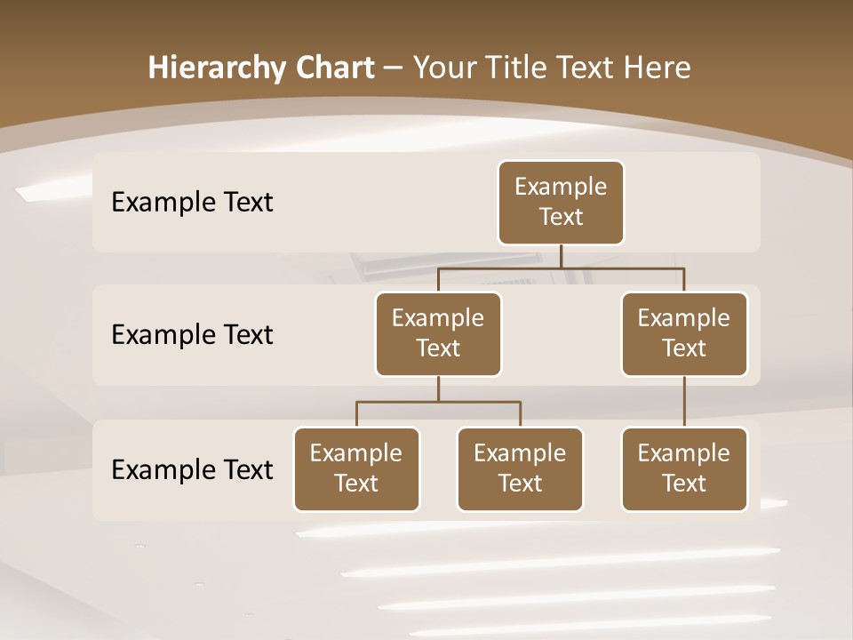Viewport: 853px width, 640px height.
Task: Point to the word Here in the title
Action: click(658, 68)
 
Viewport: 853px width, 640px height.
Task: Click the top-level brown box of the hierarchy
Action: click(561, 203)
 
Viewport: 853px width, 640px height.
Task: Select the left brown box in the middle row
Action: click(438, 334)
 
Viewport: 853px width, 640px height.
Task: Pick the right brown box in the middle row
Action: click(684, 334)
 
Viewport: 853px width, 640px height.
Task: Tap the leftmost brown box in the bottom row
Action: click(356, 469)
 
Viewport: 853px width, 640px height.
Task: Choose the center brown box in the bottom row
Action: click(520, 469)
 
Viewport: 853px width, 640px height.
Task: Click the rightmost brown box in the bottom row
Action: click(684, 469)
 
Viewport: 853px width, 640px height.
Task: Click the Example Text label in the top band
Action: click(192, 203)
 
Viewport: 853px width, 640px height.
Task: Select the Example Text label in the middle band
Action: click(192, 335)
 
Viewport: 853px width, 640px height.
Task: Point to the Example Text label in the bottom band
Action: click(192, 469)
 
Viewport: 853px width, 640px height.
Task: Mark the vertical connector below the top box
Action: click(561, 256)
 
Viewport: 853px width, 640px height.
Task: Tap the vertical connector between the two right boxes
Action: click(684, 402)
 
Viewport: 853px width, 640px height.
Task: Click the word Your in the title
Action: click(442, 68)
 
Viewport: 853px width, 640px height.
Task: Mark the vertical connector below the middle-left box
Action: click(438, 388)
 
